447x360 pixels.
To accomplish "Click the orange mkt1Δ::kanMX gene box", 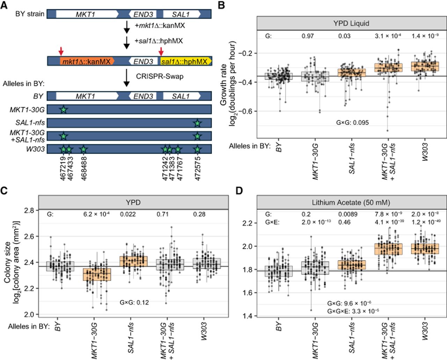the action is pos(87,61).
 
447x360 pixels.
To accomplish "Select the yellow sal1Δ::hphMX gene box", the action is pos(186,61).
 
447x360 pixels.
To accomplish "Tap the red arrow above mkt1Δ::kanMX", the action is pos(61,51).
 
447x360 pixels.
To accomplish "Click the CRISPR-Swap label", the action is pos(160,76).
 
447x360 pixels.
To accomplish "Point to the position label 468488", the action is pos(83,169).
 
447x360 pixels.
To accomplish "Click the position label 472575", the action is pos(198,169).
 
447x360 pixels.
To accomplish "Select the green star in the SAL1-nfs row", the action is pos(197,123).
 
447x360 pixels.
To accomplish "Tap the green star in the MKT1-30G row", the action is pos(64,109).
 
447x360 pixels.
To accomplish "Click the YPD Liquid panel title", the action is pos(351,23).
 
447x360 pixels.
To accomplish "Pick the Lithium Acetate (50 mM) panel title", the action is pos(351,202).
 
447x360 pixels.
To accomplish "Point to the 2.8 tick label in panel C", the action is pos(29,211).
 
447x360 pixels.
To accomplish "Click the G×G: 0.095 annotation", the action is pos(352,123).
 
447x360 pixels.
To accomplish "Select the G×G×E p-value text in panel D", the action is pos(353,311).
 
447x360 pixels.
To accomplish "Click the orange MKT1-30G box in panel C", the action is pos(97,274).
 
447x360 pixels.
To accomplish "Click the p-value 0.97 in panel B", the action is pos(308,36).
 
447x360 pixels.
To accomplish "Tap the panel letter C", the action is pos(4,191).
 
